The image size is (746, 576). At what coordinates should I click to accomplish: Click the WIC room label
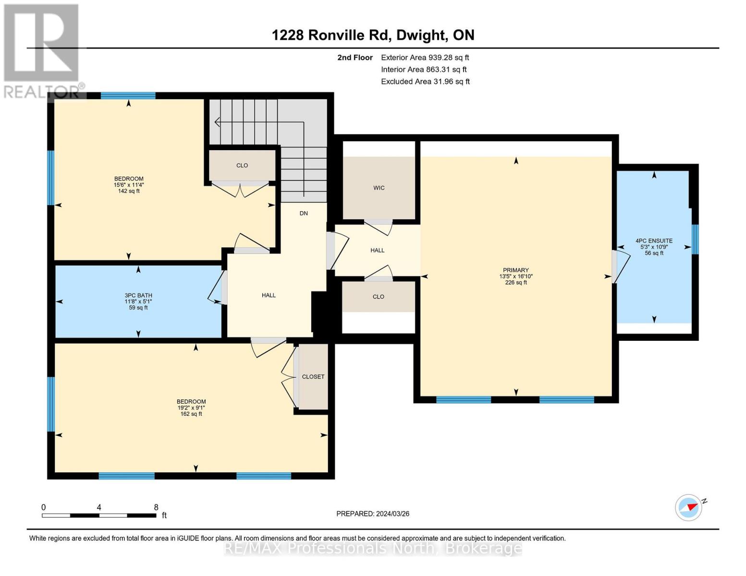(379, 188)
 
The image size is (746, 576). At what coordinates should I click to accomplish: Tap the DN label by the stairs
(304, 214)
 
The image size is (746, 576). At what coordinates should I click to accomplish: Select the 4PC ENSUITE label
(654, 241)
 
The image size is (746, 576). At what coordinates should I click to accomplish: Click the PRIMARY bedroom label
(515, 270)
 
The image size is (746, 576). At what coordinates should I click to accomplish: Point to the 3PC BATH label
(138, 295)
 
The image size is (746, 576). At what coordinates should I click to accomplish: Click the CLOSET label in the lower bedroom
(313, 377)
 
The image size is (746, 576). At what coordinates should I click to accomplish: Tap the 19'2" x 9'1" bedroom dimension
(191, 408)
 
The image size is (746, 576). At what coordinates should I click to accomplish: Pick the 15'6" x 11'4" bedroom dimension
(129, 185)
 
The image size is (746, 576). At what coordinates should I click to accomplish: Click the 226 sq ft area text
(515, 282)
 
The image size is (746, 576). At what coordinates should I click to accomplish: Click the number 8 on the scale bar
(156, 507)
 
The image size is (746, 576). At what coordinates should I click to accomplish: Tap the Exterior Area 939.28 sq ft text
(425, 58)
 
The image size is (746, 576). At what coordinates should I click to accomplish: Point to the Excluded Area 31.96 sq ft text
(425, 82)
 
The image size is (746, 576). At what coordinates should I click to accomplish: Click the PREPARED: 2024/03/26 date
(373, 514)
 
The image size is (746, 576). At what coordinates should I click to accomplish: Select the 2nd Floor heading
(355, 58)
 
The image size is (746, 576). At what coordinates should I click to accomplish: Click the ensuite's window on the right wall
(695, 240)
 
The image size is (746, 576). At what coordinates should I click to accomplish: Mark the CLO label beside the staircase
(242, 165)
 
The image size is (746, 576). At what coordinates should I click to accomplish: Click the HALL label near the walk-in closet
(377, 251)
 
